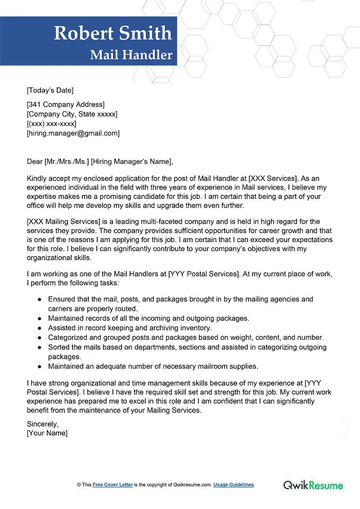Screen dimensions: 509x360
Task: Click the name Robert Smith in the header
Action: tap(113, 33)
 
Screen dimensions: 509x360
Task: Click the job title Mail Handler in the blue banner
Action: tap(131, 55)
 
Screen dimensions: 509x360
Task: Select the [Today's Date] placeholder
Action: tap(50, 90)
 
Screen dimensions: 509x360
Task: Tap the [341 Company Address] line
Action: tap(66, 105)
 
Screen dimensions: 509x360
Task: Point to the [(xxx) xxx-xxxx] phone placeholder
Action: tap(51, 124)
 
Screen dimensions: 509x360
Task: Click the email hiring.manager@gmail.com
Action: tap(73, 133)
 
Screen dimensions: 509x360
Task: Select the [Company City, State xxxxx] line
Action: tap(72, 114)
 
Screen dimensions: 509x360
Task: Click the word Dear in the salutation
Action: tap(35, 162)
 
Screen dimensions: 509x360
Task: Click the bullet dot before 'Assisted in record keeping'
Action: tap(40, 328)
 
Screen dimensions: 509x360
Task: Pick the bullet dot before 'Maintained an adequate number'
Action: tap(40, 366)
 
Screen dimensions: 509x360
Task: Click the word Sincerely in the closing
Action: tap(43, 424)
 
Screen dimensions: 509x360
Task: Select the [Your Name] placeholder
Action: tap(47, 433)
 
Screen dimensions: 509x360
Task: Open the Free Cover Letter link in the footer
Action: tap(112, 485)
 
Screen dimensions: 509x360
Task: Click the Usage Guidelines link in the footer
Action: tap(234, 485)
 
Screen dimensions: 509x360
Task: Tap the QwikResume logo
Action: tap(313, 485)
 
